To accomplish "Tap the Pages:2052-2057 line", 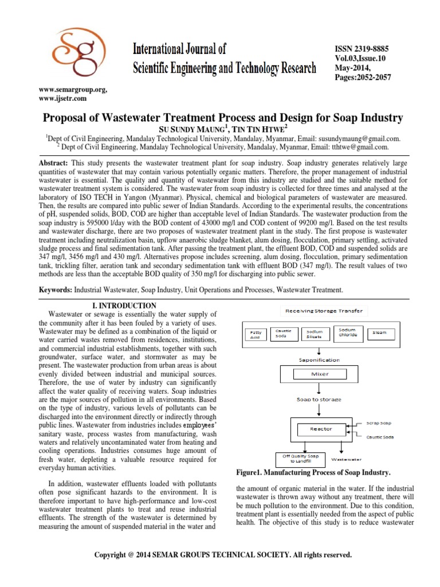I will pyautogui.click(x=362, y=77).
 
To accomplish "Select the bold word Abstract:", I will pyautogui.click(x=53, y=163).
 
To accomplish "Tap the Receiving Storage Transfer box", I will pyautogui.click(x=324, y=311).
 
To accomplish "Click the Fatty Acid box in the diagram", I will pyautogui.click(x=253, y=334).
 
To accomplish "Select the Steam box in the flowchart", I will pyautogui.click(x=379, y=332).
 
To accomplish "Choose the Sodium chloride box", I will pyautogui.click(x=348, y=332).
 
